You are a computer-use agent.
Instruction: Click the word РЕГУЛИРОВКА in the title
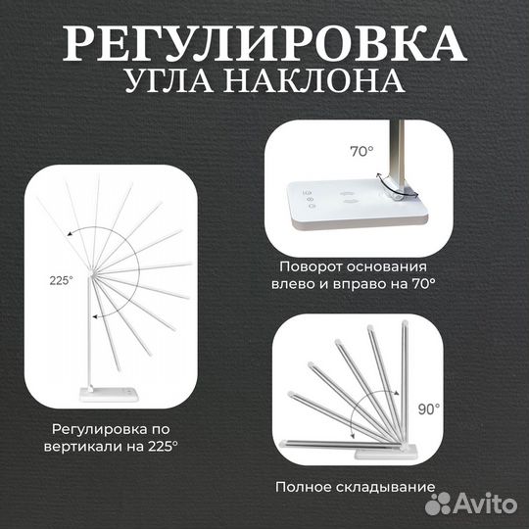(x=264, y=44)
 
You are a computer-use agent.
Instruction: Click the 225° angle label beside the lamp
(x=61, y=279)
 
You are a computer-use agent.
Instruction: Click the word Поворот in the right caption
(x=309, y=266)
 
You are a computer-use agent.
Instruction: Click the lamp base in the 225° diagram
(x=108, y=394)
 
